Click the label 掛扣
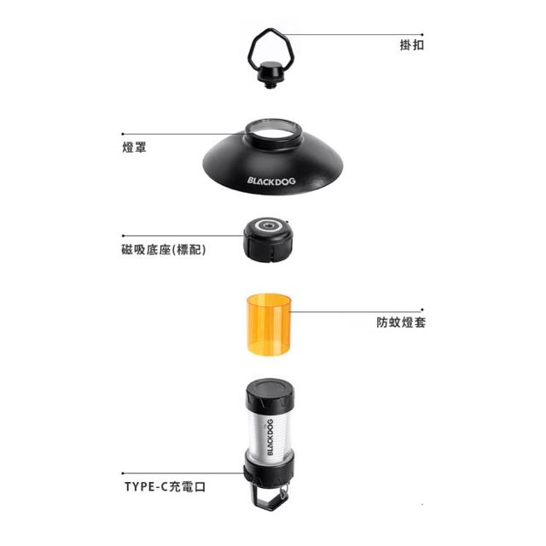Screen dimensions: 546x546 (411, 45)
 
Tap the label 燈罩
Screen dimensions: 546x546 (134, 147)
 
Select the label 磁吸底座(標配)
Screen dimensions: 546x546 (164, 250)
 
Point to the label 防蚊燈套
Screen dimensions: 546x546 (401, 322)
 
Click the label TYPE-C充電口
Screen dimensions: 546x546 (165, 486)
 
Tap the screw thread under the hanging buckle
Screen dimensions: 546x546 (269, 84)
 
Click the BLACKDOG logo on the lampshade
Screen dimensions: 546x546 (271, 181)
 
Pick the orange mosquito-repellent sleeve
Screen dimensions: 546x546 (268, 324)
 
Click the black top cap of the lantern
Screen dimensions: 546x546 (270, 393)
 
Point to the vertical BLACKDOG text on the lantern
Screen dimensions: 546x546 (270, 437)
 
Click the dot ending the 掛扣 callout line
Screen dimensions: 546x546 (422, 34)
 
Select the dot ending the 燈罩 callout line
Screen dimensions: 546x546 (123, 134)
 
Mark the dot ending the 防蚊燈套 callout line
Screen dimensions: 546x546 (422, 310)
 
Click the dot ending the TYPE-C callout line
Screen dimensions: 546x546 (123, 473)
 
